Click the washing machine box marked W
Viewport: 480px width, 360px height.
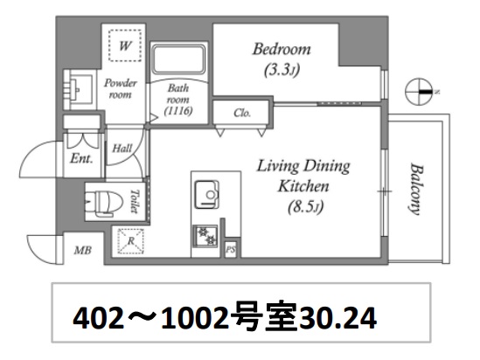point(125,43)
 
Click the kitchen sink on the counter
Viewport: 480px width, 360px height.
point(208,193)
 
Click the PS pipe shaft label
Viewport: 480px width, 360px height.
point(231,250)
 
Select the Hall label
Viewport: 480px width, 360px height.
point(122,149)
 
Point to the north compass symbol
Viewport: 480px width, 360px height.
point(421,90)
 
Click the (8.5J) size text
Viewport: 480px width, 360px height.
point(303,209)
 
